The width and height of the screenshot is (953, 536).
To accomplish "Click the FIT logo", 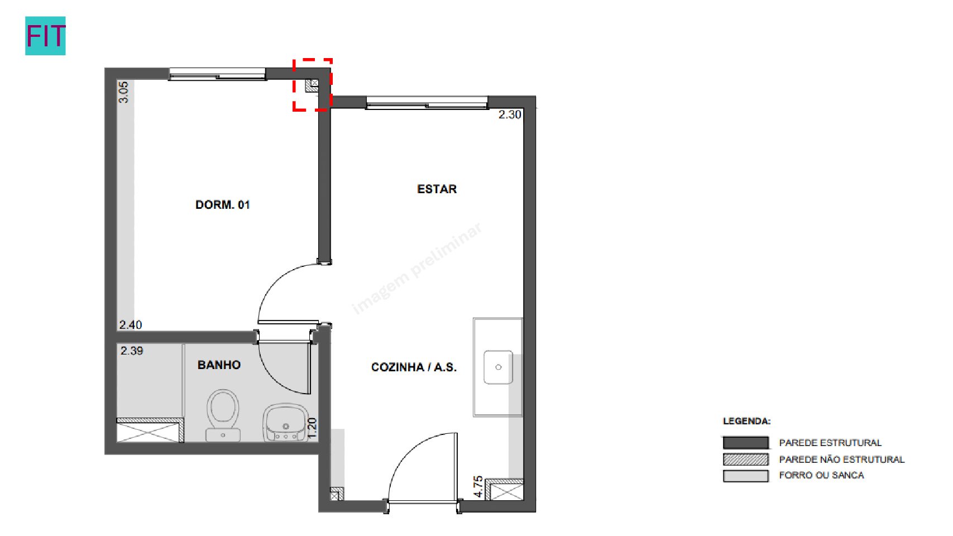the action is pyautogui.click(x=46, y=36).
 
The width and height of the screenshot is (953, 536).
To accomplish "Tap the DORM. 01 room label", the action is pyautogui.click(x=223, y=205).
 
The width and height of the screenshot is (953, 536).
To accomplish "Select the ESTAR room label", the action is pyautogui.click(x=437, y=189).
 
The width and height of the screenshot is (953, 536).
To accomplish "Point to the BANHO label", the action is pyautogui.click(x=219, y=365).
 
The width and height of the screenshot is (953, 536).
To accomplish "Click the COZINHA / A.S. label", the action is pyautogui.click(x=414, y=367).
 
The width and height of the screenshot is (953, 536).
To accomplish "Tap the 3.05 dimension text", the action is pyautogui.click(x=123, y=92).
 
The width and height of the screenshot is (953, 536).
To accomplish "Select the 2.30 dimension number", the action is pyautogui.click(x=510, y=114).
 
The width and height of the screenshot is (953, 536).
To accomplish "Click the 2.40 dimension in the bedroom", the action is pyautogui.click(x=131, y=325).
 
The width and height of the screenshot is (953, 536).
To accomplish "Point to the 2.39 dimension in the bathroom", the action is pyautogui.click(x=132, y=351).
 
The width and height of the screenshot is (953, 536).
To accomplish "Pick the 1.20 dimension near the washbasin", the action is pyautogui.click(x=312, y=428).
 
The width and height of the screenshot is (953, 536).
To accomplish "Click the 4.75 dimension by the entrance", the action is pyautogui.click(x=478, y=486).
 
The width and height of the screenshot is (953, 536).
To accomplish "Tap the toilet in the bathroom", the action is pyautogui.click(x=223, y=415).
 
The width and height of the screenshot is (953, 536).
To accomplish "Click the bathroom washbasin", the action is pyautogui.click(x=285, y=423).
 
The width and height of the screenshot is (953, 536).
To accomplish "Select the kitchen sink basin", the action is pyautogui.click(x=498, y=367).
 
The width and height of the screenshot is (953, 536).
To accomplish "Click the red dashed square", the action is pyautogui.click(x=313, y=85).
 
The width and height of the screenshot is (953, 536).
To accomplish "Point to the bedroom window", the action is pyautogui.click(x=217, y=74).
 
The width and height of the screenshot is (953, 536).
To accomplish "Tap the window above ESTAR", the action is pyautogui.click(x=427, y=103).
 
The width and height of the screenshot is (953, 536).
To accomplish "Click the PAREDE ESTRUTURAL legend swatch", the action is pyautogui.click(x=746, y=443).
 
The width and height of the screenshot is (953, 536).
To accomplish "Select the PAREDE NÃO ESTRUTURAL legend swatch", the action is pyautogui.click(x=746, y=460).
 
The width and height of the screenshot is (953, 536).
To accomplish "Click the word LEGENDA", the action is pyautogui.click(x=746, y=421).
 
